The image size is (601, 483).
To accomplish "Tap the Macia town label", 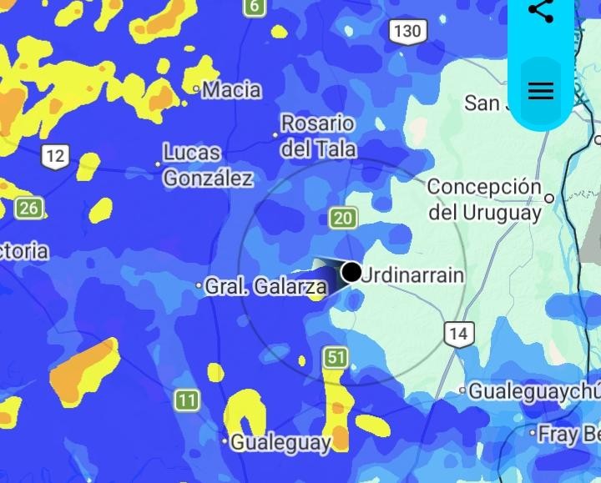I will pos(231,89).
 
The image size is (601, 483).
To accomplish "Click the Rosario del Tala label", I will pos(318,136).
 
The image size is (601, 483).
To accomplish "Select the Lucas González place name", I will pos(207,165).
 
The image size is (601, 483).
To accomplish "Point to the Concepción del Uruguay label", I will pos(485,199).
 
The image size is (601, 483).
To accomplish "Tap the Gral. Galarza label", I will pos(265,287).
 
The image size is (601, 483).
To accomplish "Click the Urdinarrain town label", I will pos(414,274).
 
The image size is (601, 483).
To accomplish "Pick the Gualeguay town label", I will pos(280,442).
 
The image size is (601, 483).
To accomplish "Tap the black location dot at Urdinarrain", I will pos(351,272).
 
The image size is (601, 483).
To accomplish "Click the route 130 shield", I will pos(407,32).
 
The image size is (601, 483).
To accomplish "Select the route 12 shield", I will pos(55,156).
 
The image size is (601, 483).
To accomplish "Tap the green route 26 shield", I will pos(29,208).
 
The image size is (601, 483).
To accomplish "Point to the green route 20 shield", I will pos(343,219).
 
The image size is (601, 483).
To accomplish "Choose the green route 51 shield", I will pos(336,358).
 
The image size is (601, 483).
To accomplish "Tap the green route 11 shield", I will pos(187,400).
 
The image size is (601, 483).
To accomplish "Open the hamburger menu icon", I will pos(541,91).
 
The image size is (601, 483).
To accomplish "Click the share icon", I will pos(541,11).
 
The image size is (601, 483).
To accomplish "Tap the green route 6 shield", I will pos(254,8).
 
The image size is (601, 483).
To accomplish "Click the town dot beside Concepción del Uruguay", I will pos(549,199).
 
